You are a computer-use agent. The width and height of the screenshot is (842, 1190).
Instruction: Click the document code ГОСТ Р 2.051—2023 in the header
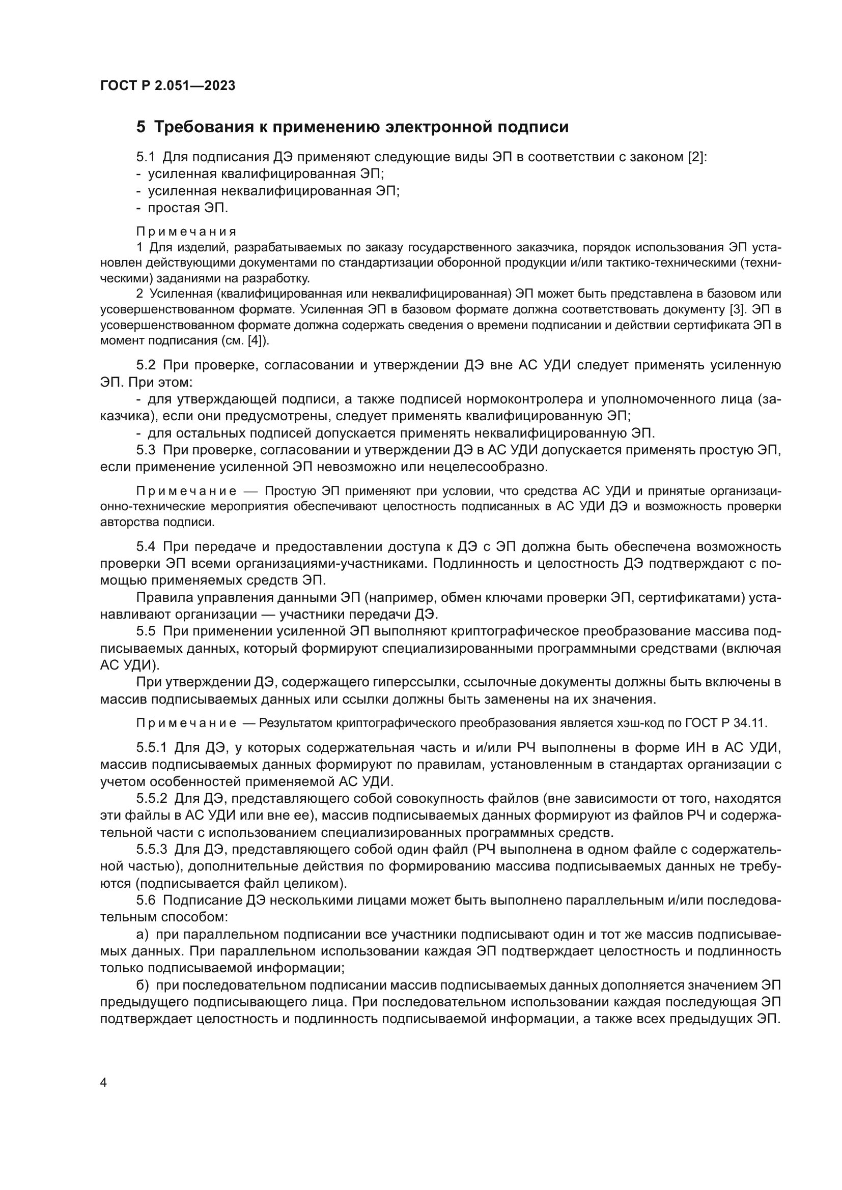167,86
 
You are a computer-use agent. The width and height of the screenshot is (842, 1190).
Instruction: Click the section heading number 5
141,128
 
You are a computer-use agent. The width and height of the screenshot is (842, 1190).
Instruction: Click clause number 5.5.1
151,748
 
